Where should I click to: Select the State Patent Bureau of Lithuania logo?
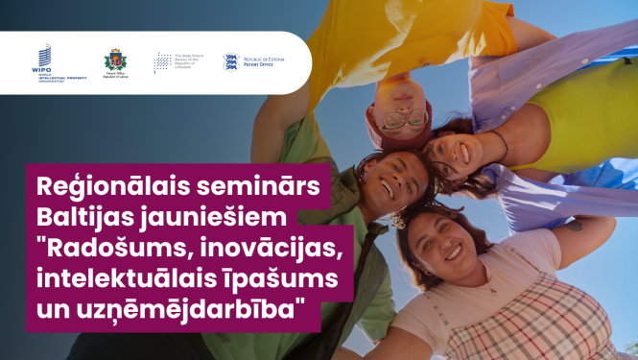[177, 62]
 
